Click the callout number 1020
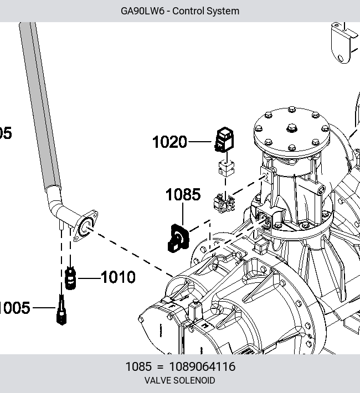(169, 142)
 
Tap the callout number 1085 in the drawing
(183, 194)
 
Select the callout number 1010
(118, 277)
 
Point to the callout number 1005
(14, 308)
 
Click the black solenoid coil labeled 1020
(224, 139)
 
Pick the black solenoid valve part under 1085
(178, 239)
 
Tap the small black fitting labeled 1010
(70, 278)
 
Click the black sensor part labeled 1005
(61, 311)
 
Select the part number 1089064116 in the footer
(203, 366)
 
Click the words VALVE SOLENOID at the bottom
(180, 380)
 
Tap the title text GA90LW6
(142, 11)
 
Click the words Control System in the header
(205, 11)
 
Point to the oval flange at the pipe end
(85, 226)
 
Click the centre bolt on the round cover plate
(292, 128)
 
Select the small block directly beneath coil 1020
(227, 168)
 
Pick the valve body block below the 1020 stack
(224, 204)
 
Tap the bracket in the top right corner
(344, 43)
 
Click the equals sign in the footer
(160, 367)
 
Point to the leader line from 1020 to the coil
(200, 142)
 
